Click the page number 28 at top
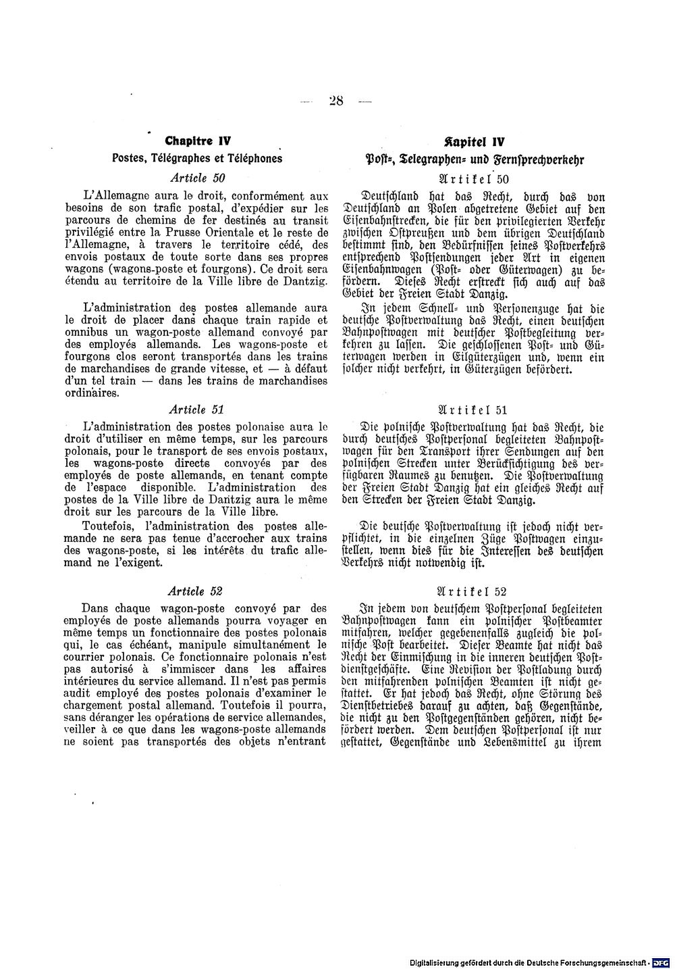(x=336, y=101)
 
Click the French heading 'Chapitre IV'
(x=198, y=142)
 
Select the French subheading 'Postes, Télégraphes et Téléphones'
(x=197, y=159)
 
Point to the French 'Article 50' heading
(x=198, y=178)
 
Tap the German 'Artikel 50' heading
(x=474, y=178)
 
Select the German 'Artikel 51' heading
(x=474, y=409)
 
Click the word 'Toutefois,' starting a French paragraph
(x=109, y=526)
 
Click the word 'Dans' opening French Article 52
(x=94, y=607)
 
